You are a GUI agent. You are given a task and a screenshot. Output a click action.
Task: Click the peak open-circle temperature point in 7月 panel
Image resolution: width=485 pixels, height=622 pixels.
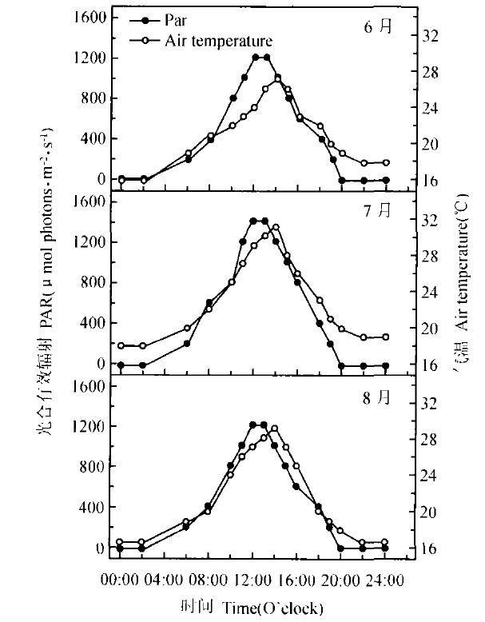click(276, 227)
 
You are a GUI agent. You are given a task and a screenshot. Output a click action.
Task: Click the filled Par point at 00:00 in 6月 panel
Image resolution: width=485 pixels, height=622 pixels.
click(121, 179)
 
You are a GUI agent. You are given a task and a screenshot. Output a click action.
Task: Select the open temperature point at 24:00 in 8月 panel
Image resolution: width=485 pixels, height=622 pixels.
click(384, 542)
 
